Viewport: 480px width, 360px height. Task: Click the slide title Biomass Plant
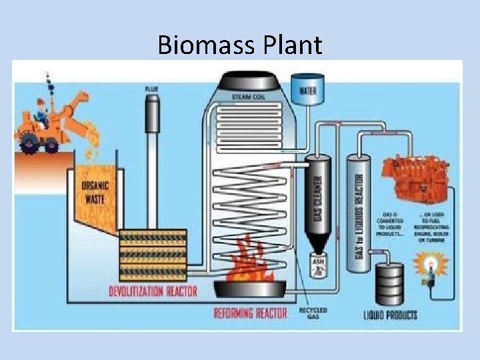tap(240, 45)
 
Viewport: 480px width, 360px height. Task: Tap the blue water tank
tap(307, 89)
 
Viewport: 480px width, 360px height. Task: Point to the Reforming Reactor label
tap(251, 312)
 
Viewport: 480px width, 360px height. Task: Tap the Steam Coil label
tap(249, 97)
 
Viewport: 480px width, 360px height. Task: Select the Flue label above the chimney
tap(151, 89)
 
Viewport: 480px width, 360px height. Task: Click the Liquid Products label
tap(391, 315)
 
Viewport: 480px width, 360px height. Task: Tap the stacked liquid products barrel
tap(389, 283)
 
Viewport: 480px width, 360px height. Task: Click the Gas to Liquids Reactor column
tap(358, 213)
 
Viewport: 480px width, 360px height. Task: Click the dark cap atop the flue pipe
tap(153, 99)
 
